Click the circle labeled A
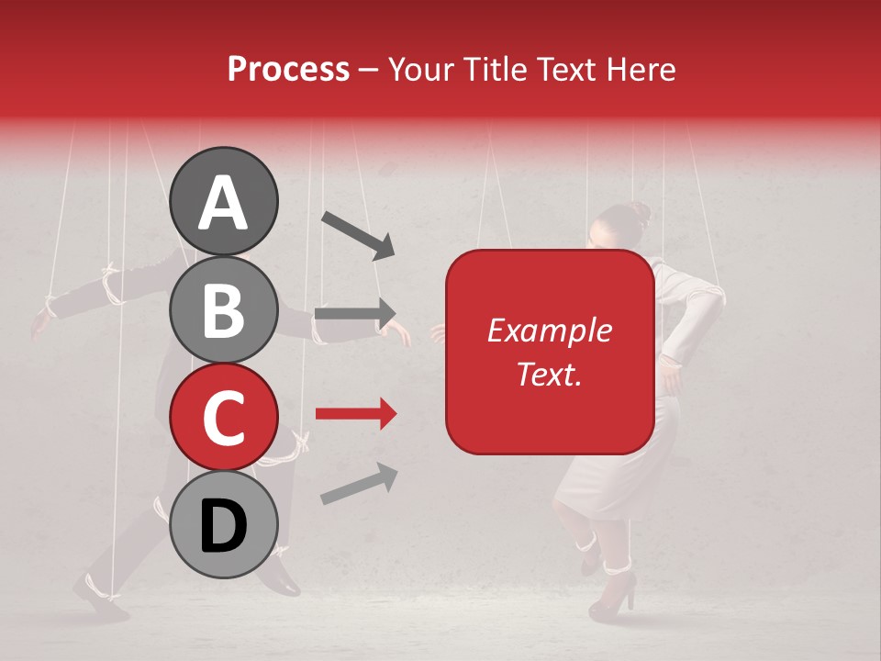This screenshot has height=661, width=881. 223,201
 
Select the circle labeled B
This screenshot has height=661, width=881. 223,309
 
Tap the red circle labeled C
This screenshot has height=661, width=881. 223,417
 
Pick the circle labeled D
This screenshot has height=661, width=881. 223,524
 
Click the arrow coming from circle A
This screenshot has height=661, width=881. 358,233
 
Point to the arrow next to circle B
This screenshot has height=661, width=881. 356,312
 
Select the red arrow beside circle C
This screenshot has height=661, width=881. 356,414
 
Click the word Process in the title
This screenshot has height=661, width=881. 288,69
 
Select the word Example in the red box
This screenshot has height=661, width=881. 549,330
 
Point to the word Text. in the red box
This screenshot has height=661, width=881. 549,374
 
